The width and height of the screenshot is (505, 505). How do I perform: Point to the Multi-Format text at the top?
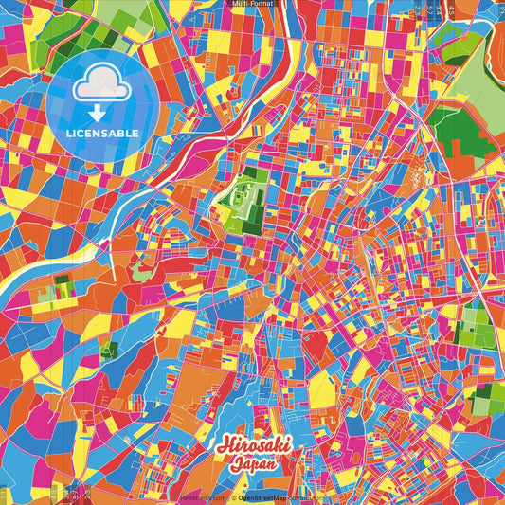(252, 4)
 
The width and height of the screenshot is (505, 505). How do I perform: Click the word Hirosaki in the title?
(253, 446)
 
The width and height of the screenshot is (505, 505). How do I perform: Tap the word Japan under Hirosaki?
(254, 464)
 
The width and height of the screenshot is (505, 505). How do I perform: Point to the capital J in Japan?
(233, 464)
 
